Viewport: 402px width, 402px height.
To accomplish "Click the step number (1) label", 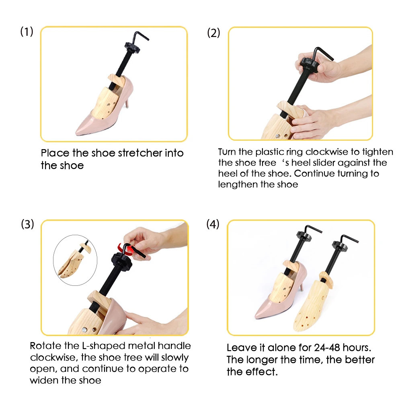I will click(27, 32).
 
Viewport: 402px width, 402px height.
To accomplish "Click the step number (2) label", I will click(213, 33).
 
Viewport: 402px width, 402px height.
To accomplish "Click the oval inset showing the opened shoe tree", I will click(76, 260).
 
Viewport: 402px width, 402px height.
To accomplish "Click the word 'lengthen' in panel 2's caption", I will click(235, 185).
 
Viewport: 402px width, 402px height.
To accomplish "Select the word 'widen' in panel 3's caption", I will click(43, 380).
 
